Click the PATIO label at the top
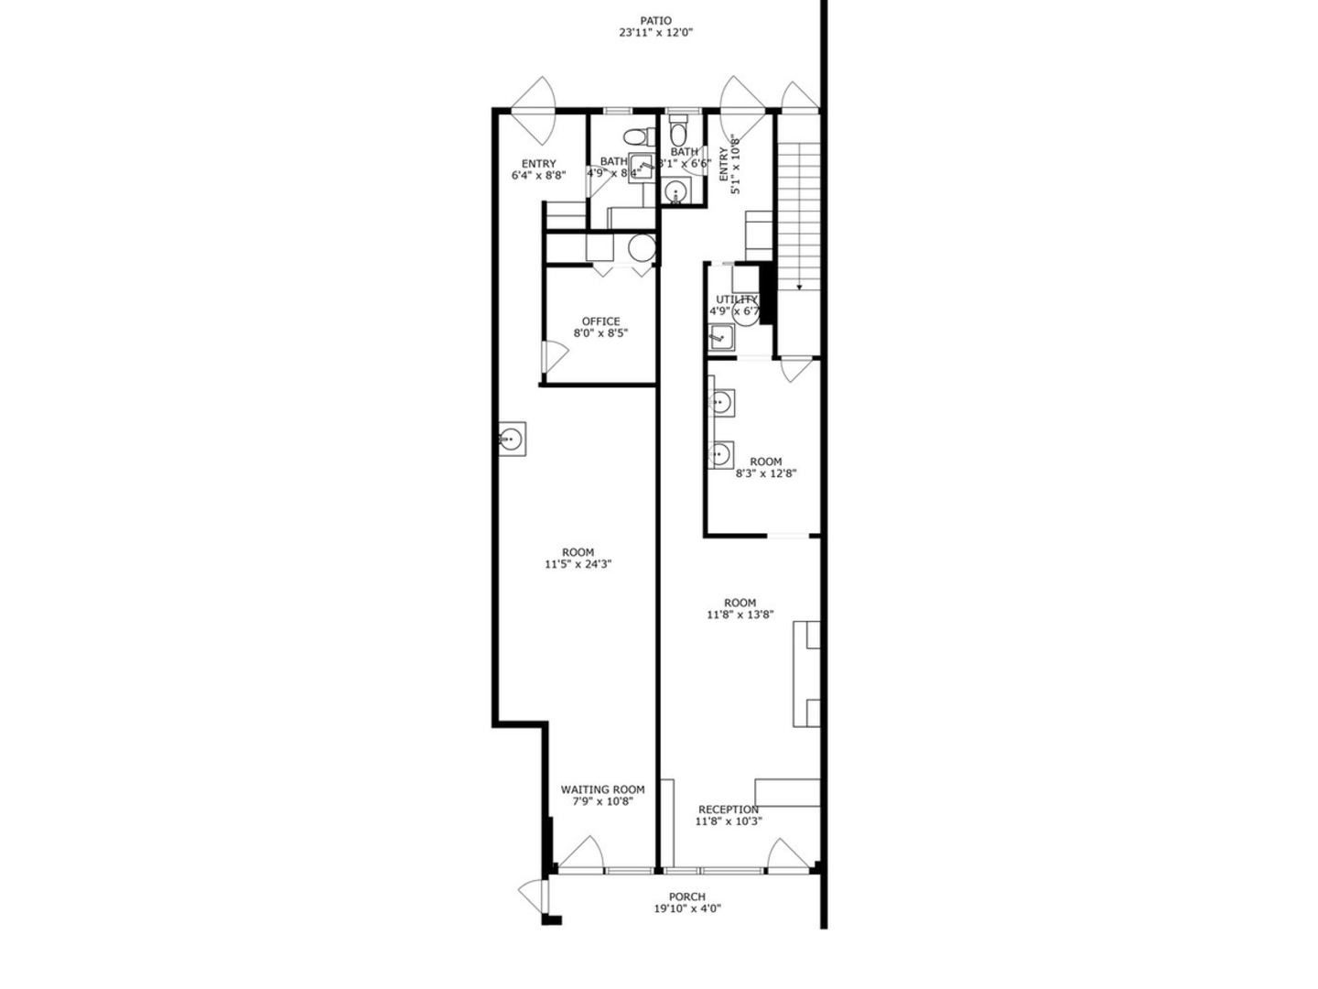(x=655, y=20)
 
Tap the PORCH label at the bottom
(x=686, y=897)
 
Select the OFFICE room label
(x=600, y=321)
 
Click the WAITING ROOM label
(x=602, y=789)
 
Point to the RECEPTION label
(x=728, y=810)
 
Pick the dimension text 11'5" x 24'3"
(x=578, y=565)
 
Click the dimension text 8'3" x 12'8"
(x=766, y=474)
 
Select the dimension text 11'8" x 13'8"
(x=740, y=615)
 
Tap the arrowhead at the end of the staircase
(x=799, y=288)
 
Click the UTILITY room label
(x=736, y=299)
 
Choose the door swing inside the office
(x=553, y=356)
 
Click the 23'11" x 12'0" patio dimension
(x=655, y=33)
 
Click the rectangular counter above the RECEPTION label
(x=786, y=792)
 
